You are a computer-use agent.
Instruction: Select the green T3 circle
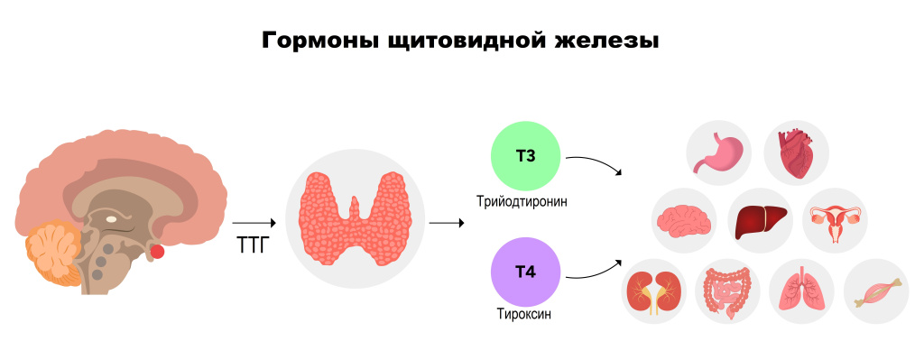[x=525, y=156]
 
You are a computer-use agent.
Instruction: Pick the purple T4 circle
[x=525, y=272]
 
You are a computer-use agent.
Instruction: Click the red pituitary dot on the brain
[x=158, y=251]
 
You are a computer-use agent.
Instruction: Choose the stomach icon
[x=718, y=152]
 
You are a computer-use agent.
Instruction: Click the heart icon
[x=796, y=152]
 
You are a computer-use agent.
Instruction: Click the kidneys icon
[x=655, y=291]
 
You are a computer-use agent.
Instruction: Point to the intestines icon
[x=728, y=291]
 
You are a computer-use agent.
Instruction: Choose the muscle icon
[x=875, y=291]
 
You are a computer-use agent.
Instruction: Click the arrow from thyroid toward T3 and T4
[x=441, y=222]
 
